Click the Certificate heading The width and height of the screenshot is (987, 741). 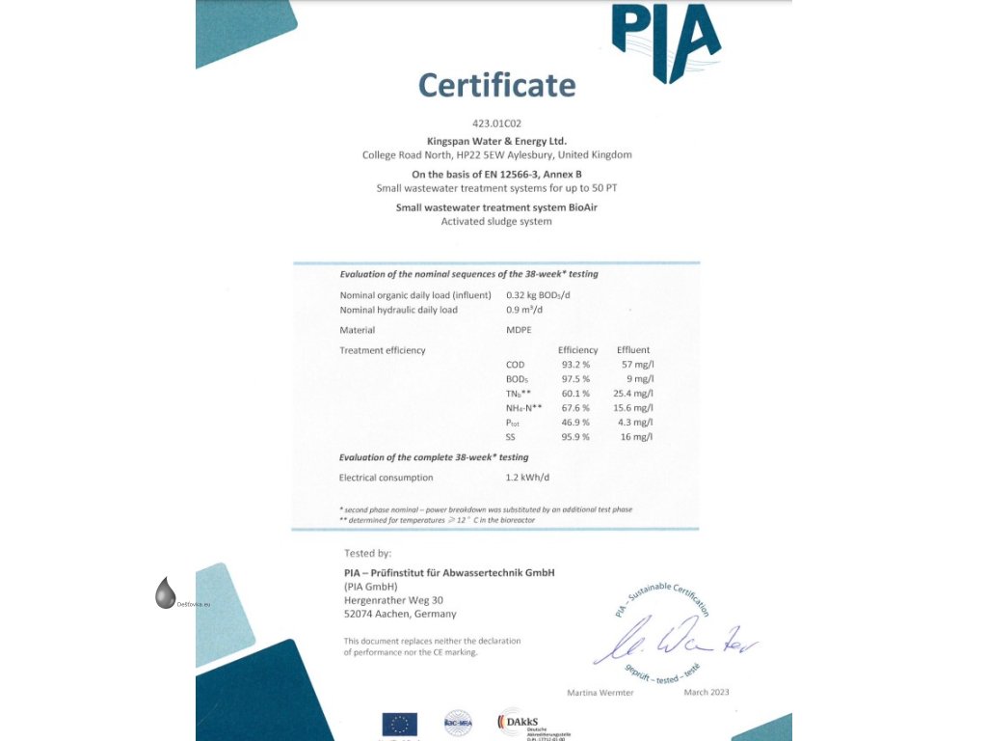(496, 85)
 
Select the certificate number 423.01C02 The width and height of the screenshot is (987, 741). (496, 124)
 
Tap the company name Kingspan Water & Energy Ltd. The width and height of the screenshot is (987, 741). (496, 141)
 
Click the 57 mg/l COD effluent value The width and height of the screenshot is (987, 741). (637, 365)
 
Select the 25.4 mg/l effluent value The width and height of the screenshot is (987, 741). (633, 394)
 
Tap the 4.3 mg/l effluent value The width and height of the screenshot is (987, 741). (636, 423)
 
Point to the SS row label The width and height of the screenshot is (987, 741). (511, 437)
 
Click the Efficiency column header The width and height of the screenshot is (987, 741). (578, 350)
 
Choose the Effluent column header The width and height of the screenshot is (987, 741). (633, 350)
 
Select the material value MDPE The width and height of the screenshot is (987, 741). (519, 330)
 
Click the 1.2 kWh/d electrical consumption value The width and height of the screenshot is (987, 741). (527, 478)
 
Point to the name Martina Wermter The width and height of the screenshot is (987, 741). (600, 693)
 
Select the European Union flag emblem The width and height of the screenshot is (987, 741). (399, 724)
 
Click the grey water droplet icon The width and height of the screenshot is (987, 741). (166, 592)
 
